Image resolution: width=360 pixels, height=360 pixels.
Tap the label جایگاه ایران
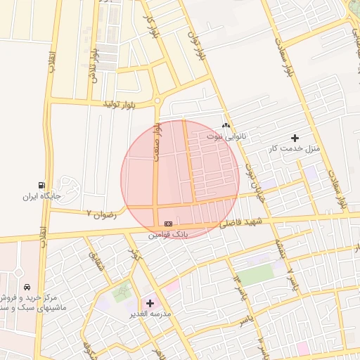coord(39,196)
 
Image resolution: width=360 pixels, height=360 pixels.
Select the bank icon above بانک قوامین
coord(168,223)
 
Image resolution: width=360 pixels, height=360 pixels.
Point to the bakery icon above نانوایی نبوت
coord(226,124)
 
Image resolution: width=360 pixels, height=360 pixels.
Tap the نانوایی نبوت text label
coord(226,135)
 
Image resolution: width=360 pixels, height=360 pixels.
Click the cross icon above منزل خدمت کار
coord(294,138)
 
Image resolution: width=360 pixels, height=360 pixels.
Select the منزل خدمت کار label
coord(294,149)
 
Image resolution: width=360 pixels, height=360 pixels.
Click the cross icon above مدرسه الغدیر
coord(149,303)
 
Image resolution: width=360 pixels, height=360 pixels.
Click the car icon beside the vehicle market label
coord(27,287)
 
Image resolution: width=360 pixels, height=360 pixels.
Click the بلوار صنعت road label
coord(158,143)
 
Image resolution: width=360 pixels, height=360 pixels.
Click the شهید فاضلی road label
coord(240,223)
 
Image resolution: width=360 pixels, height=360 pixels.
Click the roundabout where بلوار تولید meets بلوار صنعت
coord(157,101)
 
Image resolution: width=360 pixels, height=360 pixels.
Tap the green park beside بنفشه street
coord(254,274)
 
